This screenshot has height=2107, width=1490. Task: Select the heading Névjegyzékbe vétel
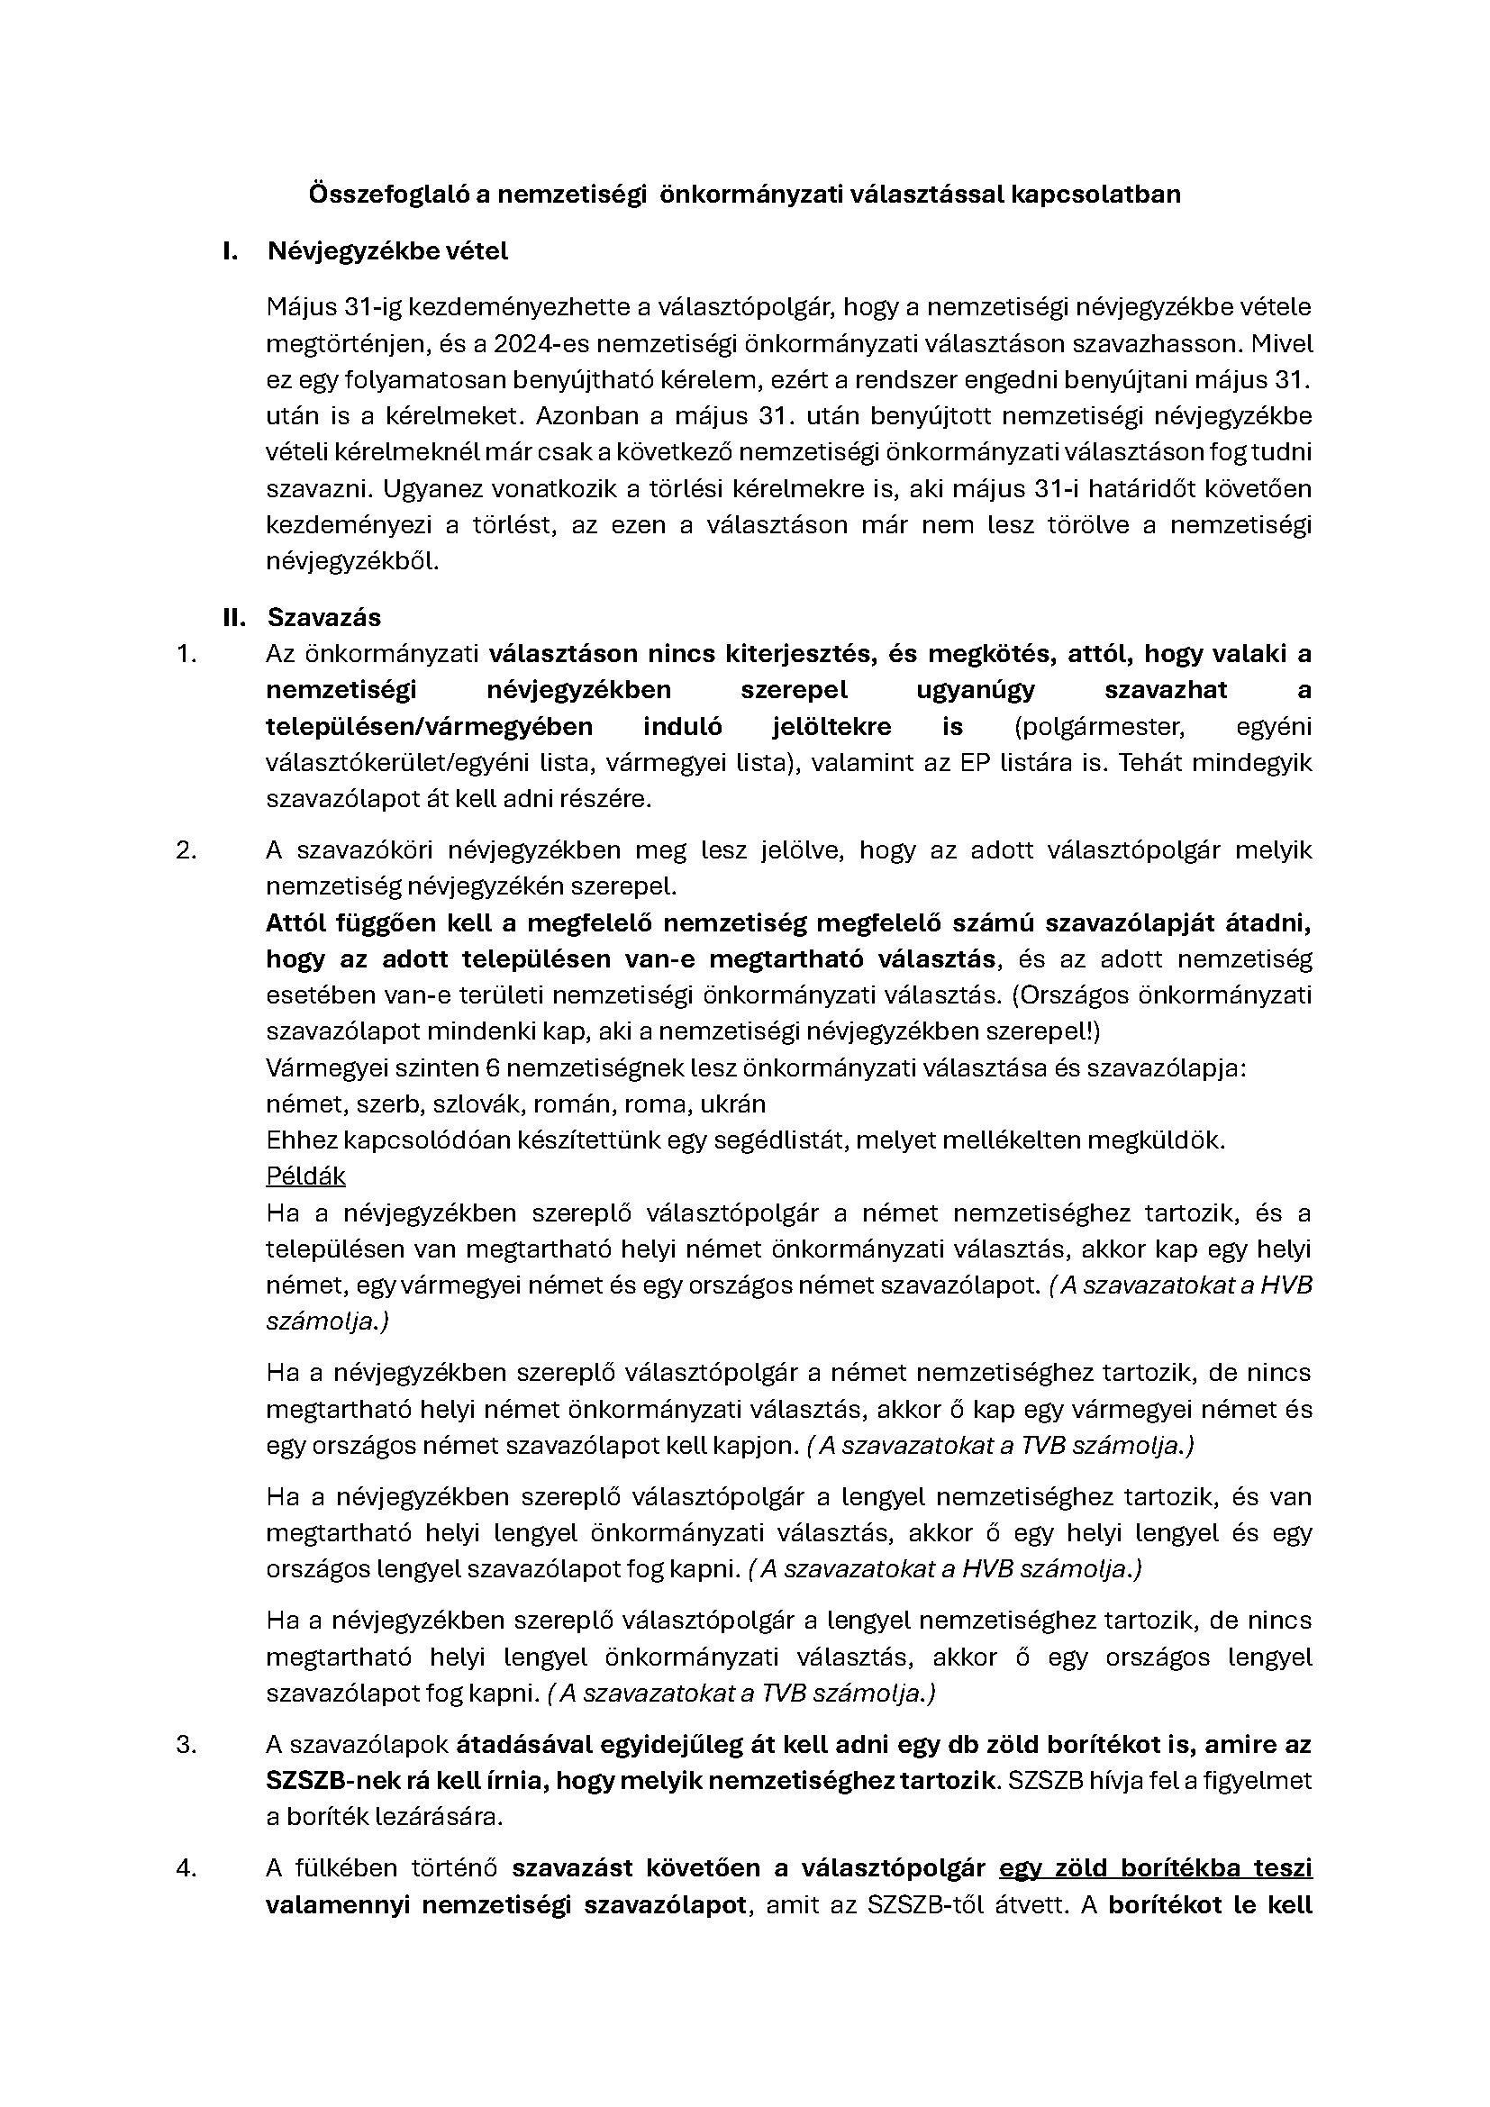point(387,251)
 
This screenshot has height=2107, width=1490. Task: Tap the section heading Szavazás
point(324,618)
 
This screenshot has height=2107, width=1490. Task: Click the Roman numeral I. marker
point(231,251)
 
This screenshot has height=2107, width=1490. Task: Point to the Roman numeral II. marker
point(234,618)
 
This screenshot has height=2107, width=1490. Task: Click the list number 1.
point(186,654)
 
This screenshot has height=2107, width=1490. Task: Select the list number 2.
point(186,849)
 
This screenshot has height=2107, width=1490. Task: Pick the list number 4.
point(186,1867)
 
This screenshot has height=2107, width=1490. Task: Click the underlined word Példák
point(305,1176)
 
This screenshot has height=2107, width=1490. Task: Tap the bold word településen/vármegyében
point(429,727)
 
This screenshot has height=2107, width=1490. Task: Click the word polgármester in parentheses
point(1104,727)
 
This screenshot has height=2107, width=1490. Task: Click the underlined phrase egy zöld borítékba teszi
point(1155,1867)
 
